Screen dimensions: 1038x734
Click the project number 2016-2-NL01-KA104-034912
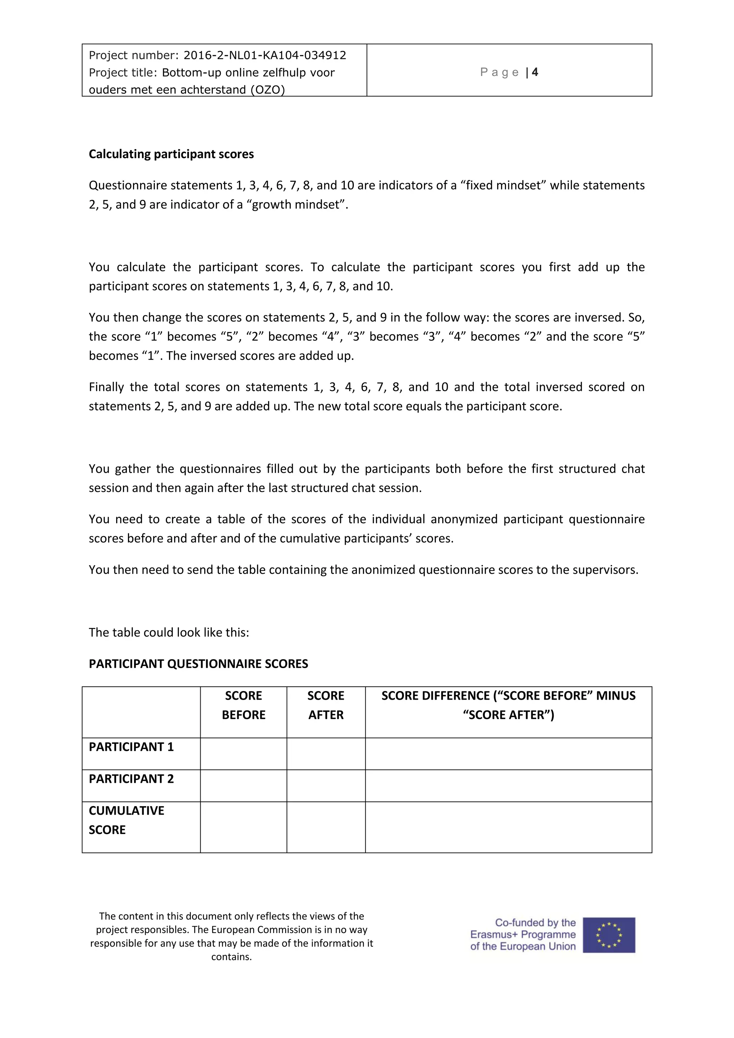264,55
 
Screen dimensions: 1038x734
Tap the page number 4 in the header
535,72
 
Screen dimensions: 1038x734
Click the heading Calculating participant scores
171,154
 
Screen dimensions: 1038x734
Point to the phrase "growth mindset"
296,205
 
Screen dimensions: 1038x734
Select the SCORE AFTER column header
325,705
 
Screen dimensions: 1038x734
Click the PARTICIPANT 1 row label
131,747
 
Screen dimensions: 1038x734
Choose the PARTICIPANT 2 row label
131,779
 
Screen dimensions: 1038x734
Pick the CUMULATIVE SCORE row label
126,820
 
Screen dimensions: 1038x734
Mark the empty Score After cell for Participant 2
325,786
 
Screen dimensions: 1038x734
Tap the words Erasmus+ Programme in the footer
523,934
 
